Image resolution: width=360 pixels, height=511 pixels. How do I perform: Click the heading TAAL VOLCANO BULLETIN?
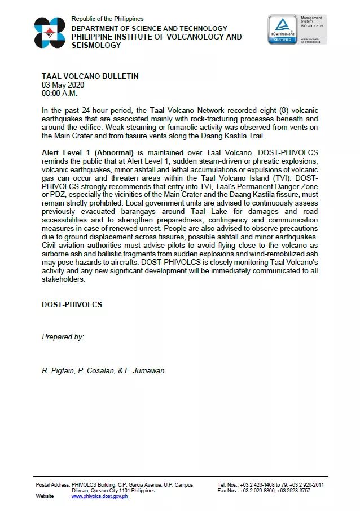pyautogui.click(x=90, y=77)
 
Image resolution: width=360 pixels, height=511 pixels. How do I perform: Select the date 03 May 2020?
pyautogui.click(x=63, y=85)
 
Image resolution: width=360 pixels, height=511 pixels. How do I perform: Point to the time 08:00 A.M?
pyautogui.click(x=60, y=93)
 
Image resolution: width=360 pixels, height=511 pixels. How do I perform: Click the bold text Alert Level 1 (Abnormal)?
pyautogui.click(x=87, y=153)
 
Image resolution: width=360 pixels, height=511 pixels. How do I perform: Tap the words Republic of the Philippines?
pyautogui.click(x=107, y=19)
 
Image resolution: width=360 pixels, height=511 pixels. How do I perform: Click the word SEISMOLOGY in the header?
pyautogui.click(x=96, y=45)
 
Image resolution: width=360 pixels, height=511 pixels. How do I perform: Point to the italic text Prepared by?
pyautogui.click(x=63, y=337)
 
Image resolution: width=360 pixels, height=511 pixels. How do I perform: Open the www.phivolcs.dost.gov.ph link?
pyautogui.click(x=99, y=496)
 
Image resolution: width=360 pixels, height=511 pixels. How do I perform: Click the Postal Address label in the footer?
pyautogui.click(x=52, y=485)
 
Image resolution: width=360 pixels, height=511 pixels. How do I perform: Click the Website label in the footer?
pyautogui.click(x=45, y=496)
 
